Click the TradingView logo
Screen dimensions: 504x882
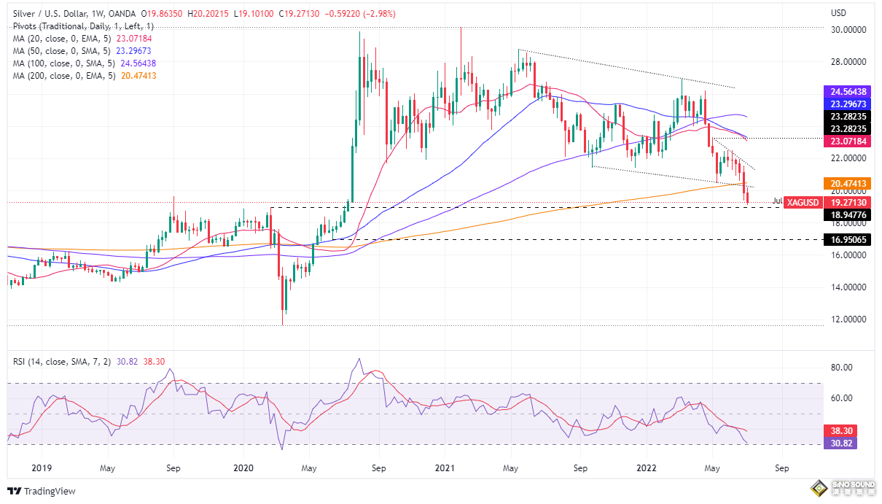point(42,491)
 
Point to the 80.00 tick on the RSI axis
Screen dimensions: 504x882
point(843,368)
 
